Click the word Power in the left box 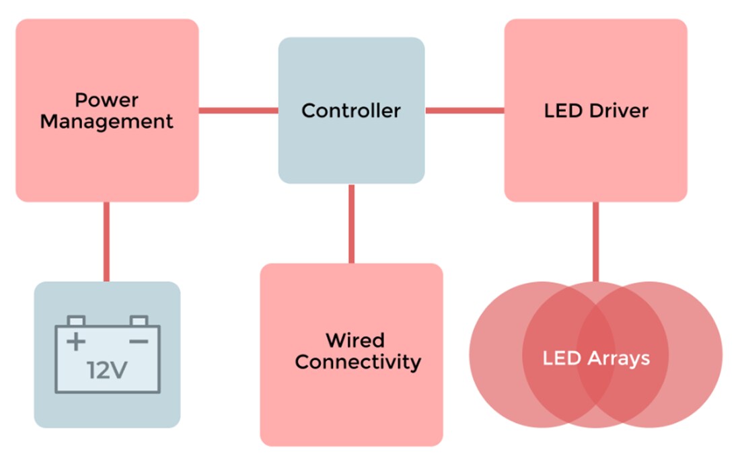coord(106,100)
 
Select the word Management coord(106,122)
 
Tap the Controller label coord(350,110)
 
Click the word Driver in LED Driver coord(618,110)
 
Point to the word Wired coord(355,340)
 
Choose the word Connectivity coord(357,362)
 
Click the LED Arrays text coord(596,358)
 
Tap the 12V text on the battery coord(107,370)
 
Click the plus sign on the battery coord(76,342)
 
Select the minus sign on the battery coord(139,342)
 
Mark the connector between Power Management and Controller coord(238,110)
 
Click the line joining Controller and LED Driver coord(464,110)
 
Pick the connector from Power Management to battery coord(106,241)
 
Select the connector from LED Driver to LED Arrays coord(595,241)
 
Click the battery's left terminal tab coord(76,321)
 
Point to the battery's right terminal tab coord(139,321)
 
